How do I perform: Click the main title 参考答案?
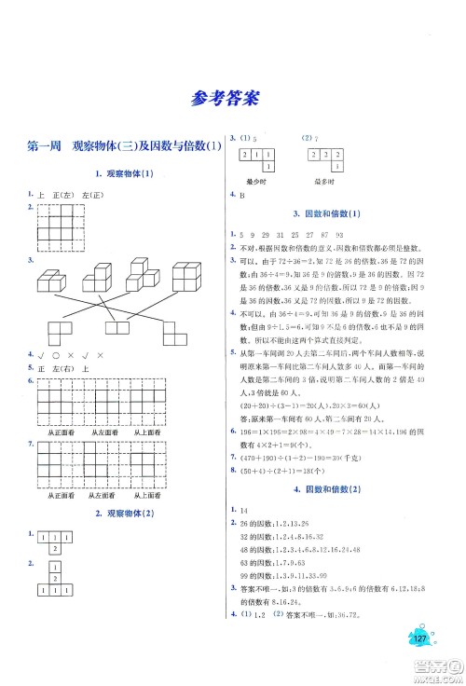pyautogui.click(x=233, y=96)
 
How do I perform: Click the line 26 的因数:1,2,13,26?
pyautogui.click(x=279, y=523)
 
